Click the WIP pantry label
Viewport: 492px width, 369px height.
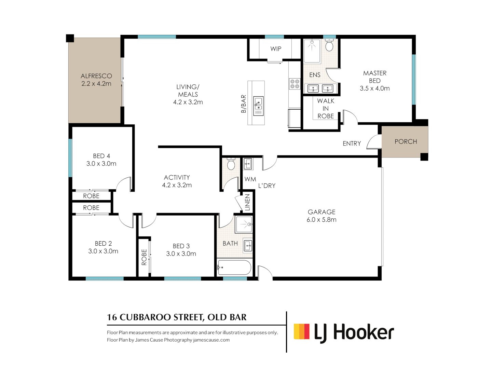pos(276,49)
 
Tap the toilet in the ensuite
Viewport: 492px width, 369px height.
pos(329,45)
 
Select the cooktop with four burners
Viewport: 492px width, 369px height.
pos(295,84)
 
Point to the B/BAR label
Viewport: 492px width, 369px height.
pos(244,104)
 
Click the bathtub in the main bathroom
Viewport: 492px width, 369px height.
pos(234,268)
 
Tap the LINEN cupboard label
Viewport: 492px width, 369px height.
pos(248,202)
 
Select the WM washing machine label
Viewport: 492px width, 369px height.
pos(250,179)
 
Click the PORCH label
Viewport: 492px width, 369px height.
pos(406,141)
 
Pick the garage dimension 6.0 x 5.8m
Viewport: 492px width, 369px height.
pos(321,220)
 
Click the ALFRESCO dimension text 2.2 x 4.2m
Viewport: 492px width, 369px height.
pos(96,84)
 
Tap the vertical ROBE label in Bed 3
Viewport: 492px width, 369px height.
pos(144,257)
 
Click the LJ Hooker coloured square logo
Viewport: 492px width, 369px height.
pos(302,331)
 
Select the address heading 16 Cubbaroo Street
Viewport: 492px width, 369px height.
pos(177,317)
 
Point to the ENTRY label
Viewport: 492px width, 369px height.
pos(352,143)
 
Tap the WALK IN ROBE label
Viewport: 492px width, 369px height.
pos(326,109)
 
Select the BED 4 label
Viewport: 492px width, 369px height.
pos(101,156)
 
